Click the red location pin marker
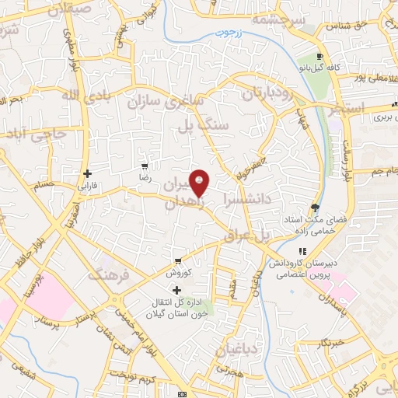click(200, 183)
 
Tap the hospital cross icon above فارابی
click(88, 173)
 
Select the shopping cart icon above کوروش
click(178, 260)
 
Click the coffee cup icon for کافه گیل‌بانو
click(320, 56)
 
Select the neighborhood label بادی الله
click(61, 96)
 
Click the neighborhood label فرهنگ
click(106, 274)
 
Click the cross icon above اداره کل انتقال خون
click(178, 289)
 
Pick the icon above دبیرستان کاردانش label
click(303, 251)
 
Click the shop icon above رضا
click(144, 166)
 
